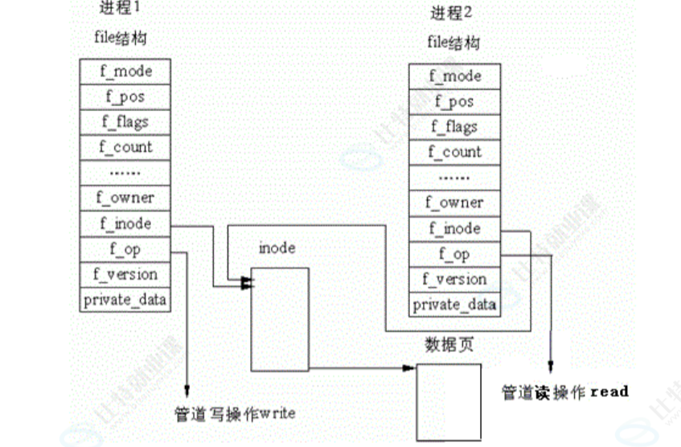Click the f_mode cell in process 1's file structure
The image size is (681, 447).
(125, 71)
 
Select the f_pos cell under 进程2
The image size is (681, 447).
(454, 101)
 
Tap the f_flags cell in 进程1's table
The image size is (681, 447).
(125, 121)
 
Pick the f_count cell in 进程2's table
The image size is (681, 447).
(454, 152)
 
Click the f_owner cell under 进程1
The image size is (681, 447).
(125, 197)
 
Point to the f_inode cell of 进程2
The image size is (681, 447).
(454, 228)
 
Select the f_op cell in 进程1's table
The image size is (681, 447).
(125, 248)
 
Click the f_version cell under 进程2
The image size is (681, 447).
(454, 279)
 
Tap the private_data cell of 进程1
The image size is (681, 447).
(125, 299)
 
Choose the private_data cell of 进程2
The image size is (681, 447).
(454, 305)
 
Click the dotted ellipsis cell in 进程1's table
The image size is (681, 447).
(125, 172)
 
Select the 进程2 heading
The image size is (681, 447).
(447, 14)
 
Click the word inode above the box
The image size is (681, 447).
(277, 248)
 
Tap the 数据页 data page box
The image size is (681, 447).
(449, 400)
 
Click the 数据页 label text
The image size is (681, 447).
(445, 346)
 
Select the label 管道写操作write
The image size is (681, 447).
(235, 414)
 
